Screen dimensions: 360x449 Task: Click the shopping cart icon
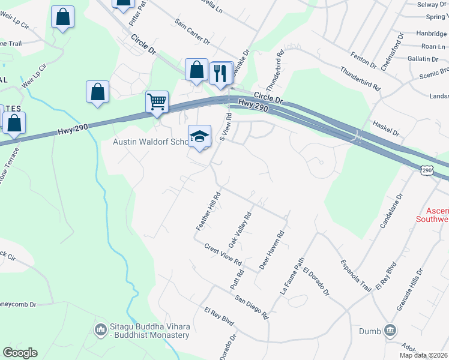[157, 101]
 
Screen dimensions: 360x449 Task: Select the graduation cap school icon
[200, 136]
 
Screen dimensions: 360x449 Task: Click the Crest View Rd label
[222, 255]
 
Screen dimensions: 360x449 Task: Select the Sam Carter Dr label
[192, 31]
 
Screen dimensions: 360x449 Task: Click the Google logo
[20, 353]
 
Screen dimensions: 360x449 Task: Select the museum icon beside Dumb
[390, 330]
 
